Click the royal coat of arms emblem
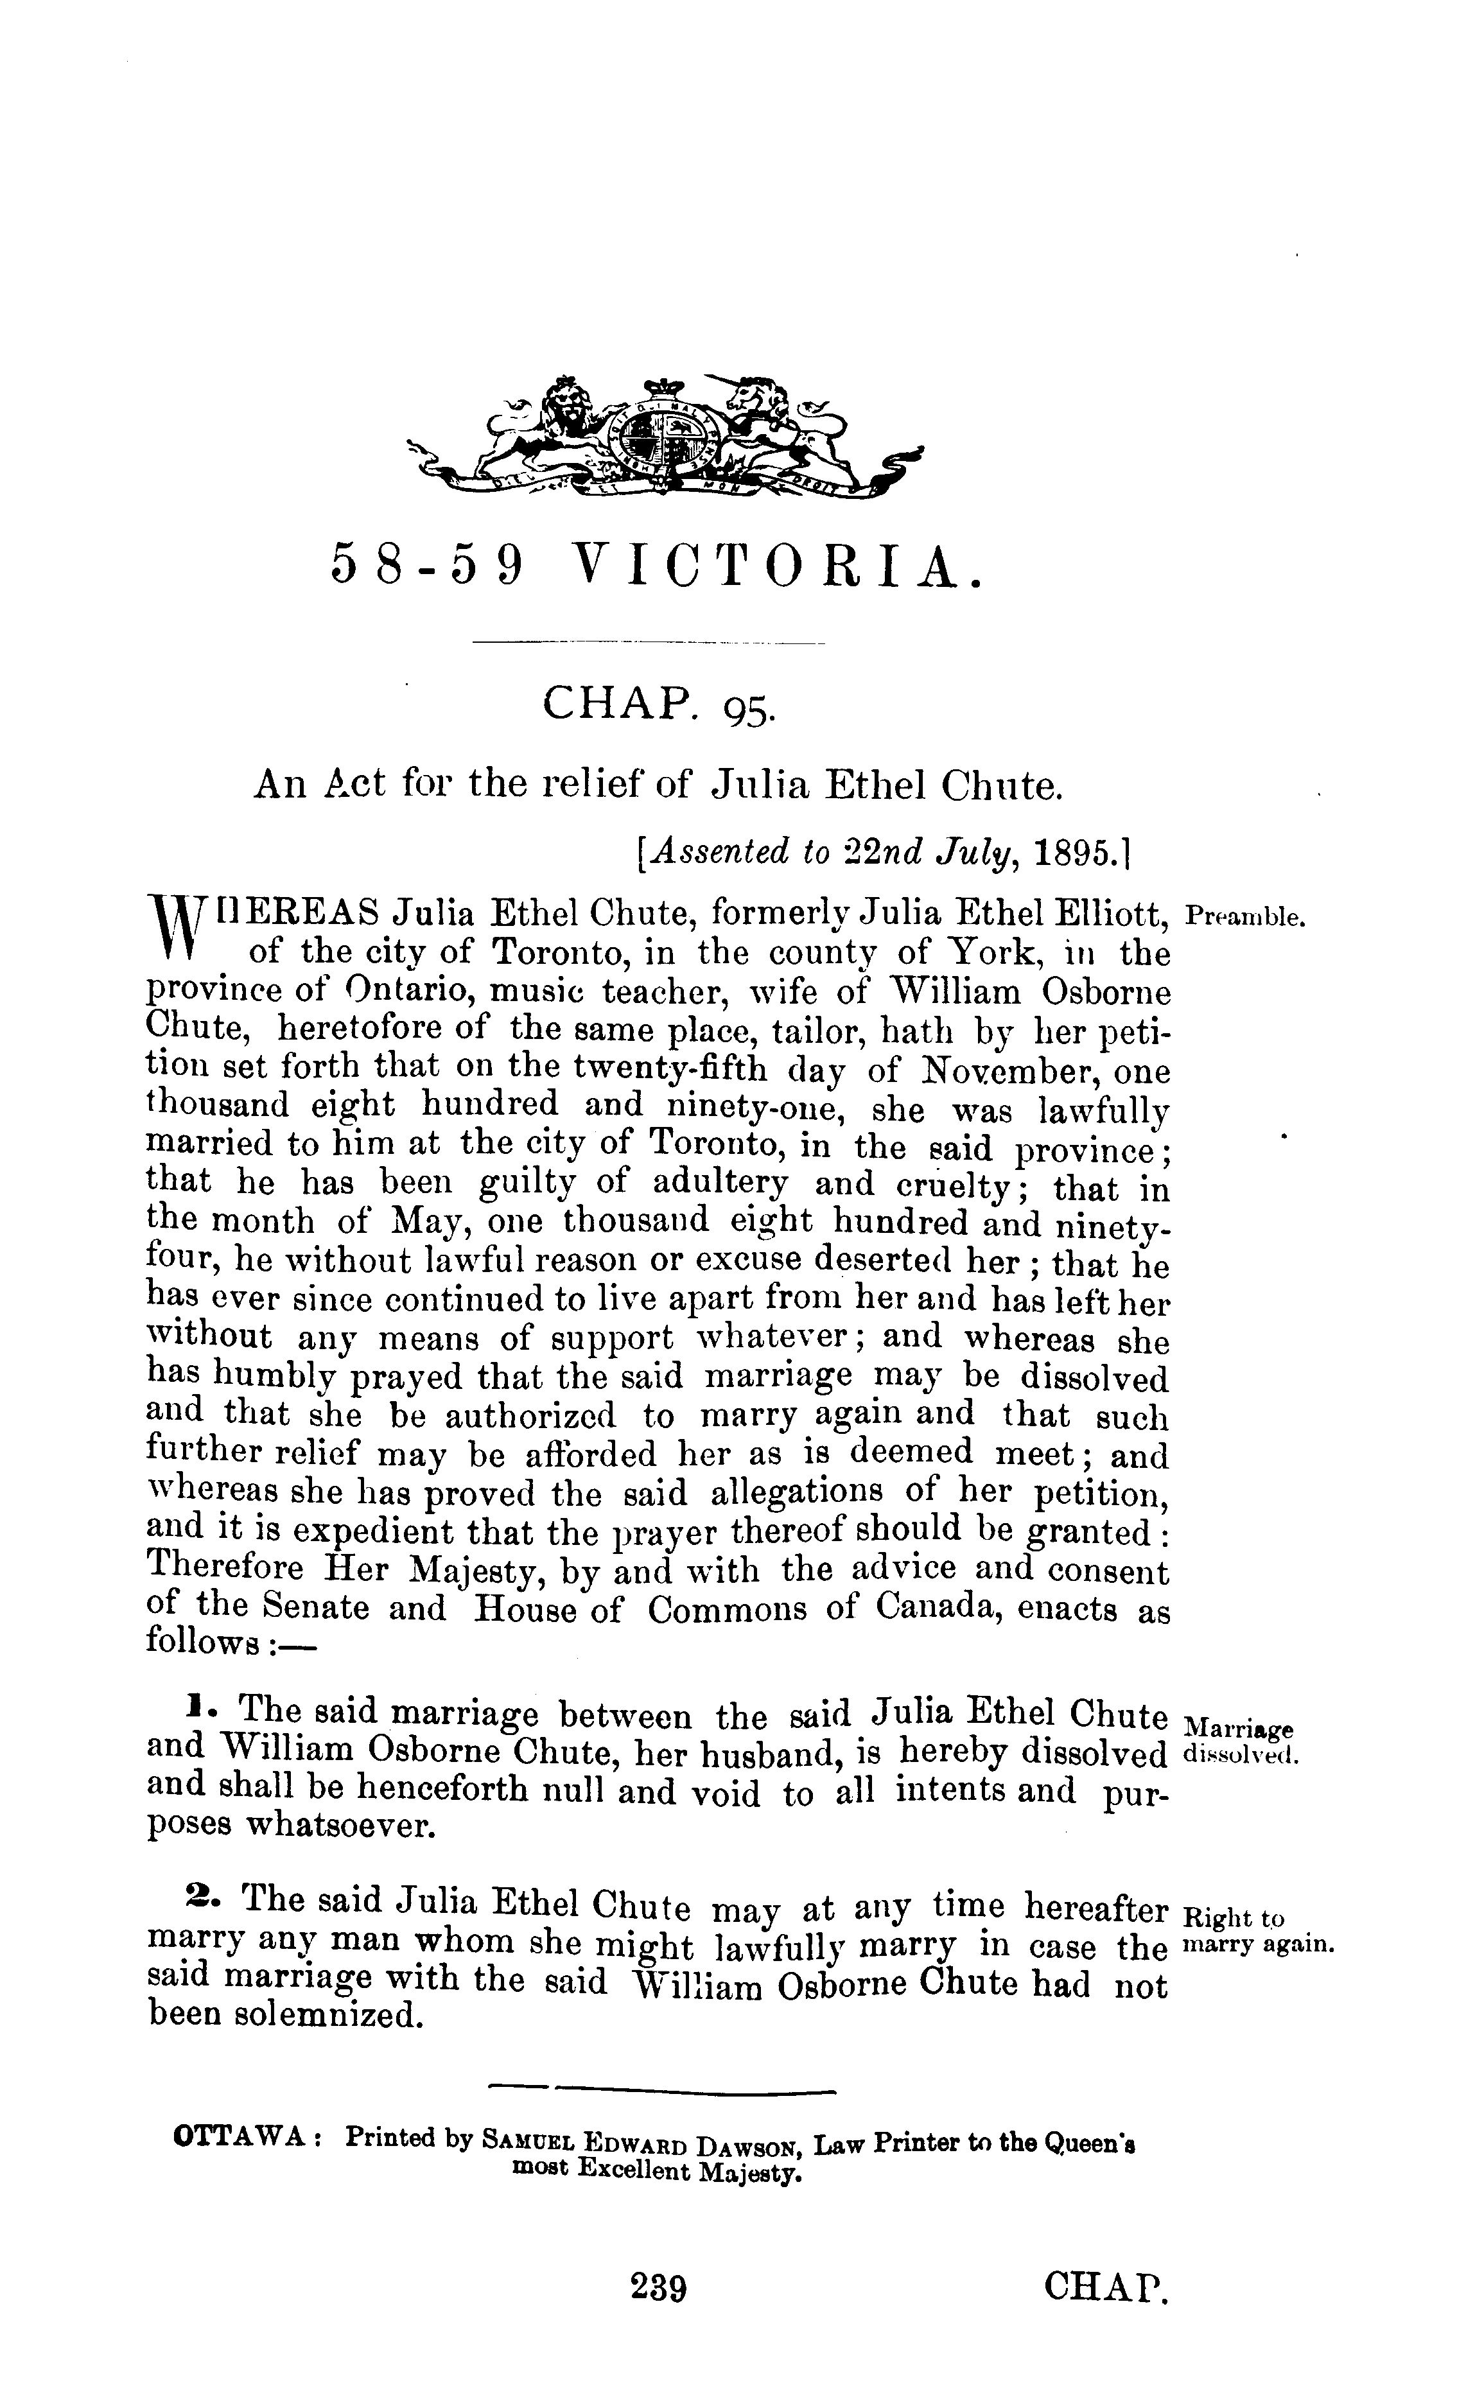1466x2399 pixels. tap(665, 436)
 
